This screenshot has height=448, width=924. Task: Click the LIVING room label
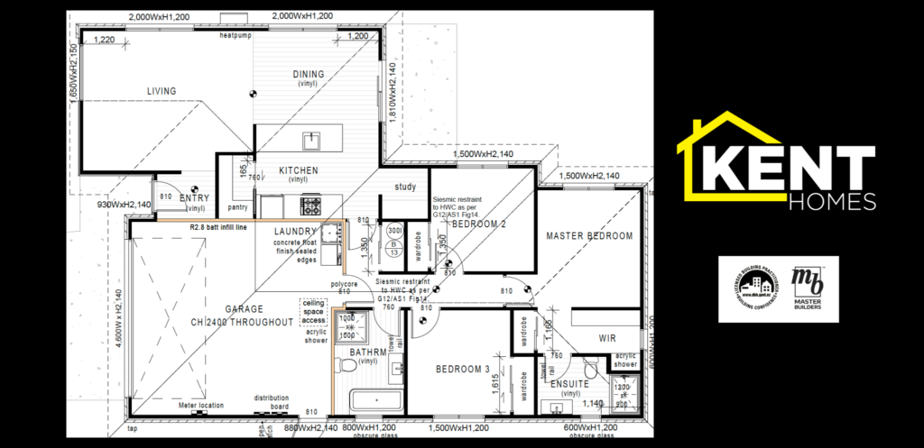coord(162,91)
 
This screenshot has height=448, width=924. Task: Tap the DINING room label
coord(309,74)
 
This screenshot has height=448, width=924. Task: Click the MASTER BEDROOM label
coord(589,236)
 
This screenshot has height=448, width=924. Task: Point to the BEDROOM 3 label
coord(462,370)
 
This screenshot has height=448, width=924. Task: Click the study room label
coord(405,187)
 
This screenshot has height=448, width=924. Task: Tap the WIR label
coord(606,339)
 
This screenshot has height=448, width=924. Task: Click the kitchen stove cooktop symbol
coord(311,206)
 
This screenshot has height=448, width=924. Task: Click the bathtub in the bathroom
coord(376,401)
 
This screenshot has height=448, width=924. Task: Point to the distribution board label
coord(271,400)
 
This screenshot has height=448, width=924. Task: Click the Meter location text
coord(202,406)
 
